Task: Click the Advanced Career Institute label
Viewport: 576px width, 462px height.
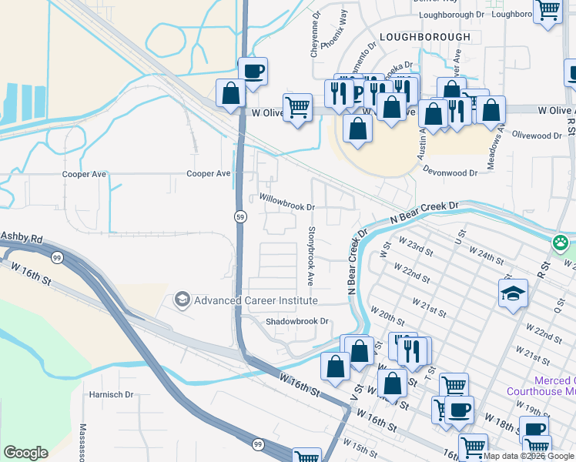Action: click(256, 300)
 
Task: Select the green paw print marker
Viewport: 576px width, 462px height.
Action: click(561, 243)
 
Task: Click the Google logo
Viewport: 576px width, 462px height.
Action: click(25, 453)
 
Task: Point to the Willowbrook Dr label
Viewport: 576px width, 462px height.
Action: click(287, 207)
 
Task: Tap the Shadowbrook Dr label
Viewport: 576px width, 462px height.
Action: click(297, 321)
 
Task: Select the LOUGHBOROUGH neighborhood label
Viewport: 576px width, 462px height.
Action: click(424, 36)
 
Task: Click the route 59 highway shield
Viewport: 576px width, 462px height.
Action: click(240, 217)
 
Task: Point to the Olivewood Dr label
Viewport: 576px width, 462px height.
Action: click(537, 136)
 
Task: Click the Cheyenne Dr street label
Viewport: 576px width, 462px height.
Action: click(315, 35)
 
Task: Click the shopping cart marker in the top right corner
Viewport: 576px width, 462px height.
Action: click(548, 12)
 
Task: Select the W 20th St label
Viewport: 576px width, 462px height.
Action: click(387, 315)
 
